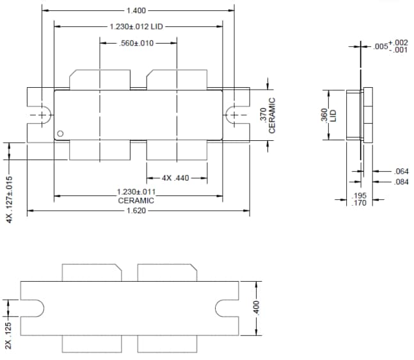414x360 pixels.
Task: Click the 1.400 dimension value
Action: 137,10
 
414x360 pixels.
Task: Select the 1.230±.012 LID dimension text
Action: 138,26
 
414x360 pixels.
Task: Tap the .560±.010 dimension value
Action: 137,43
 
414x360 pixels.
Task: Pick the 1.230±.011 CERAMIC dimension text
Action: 136,196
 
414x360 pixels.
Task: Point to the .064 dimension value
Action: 401,171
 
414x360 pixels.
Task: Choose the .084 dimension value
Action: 401,182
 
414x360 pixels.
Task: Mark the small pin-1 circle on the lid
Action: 60,133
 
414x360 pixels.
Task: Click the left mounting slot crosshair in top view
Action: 42,115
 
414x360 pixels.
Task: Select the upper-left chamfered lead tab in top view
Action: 99,79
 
